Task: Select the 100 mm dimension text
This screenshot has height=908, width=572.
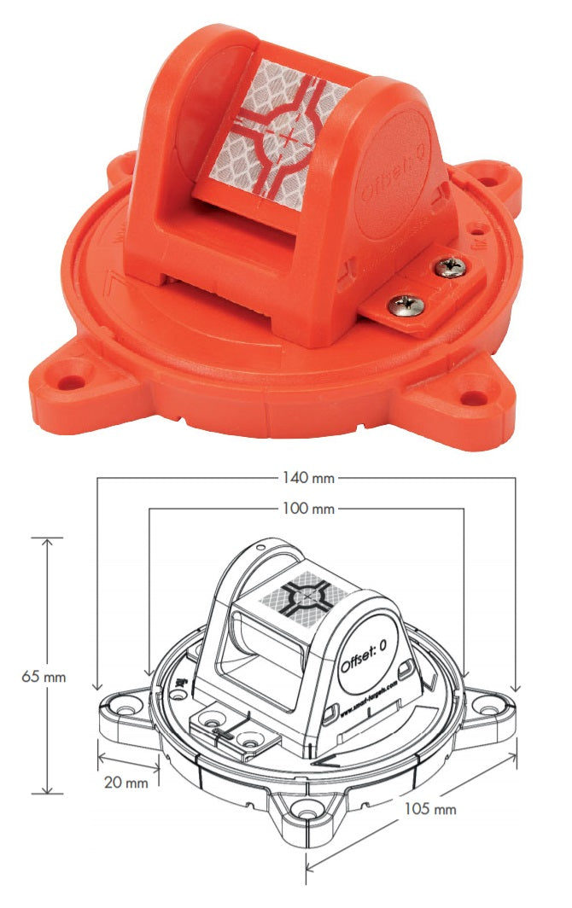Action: point(306,509)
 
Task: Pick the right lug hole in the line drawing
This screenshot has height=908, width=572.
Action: point(487,705)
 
